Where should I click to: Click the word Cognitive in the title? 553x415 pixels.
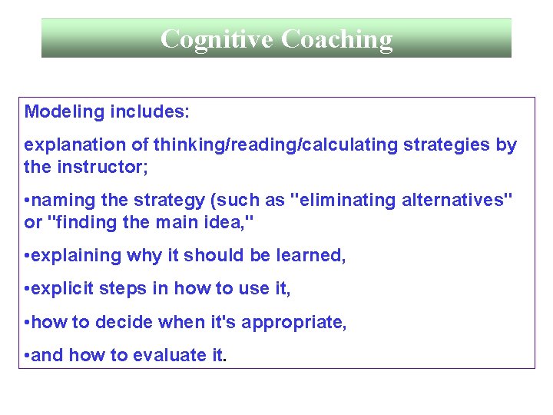pos(217,38)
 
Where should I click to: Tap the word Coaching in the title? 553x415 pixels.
pos(336,38)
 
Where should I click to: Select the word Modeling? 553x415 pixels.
pos(65,112)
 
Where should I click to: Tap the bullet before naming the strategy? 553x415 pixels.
pos(28,201)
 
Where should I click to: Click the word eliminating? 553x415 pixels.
pos(345,201)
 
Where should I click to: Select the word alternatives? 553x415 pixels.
pos(455,201)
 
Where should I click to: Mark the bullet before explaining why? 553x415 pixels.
pos(28,256)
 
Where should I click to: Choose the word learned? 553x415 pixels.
pos(314,256)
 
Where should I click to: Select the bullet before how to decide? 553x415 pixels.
pos(28,323)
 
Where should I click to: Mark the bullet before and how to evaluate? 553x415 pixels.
pos(28,356)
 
